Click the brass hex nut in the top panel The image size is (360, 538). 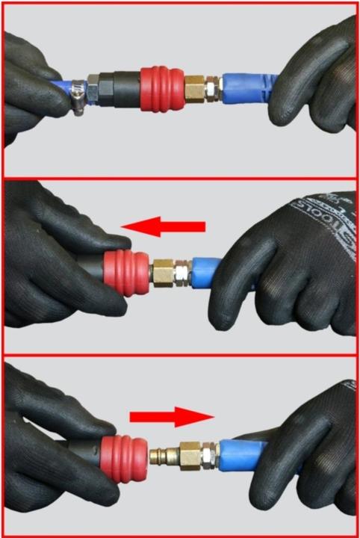click(x=196, y=88)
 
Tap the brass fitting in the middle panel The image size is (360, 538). click(x=164, y=273)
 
